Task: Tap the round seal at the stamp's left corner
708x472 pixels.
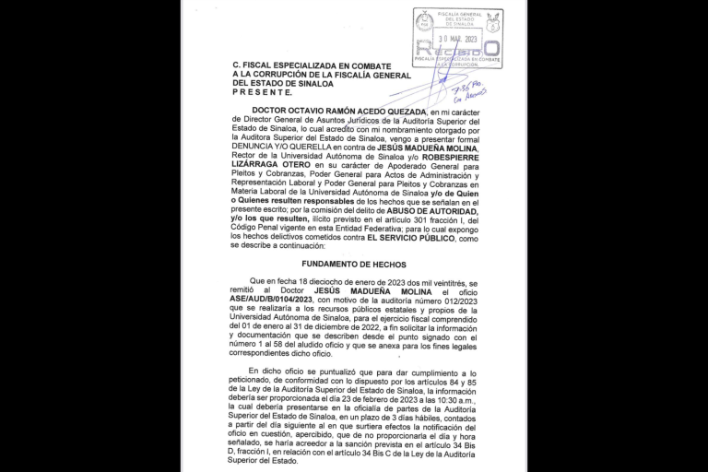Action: coord(424,21)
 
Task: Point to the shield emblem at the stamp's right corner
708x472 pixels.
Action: coord(493,22)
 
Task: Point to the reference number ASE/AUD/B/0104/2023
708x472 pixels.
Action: coord(274,299)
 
